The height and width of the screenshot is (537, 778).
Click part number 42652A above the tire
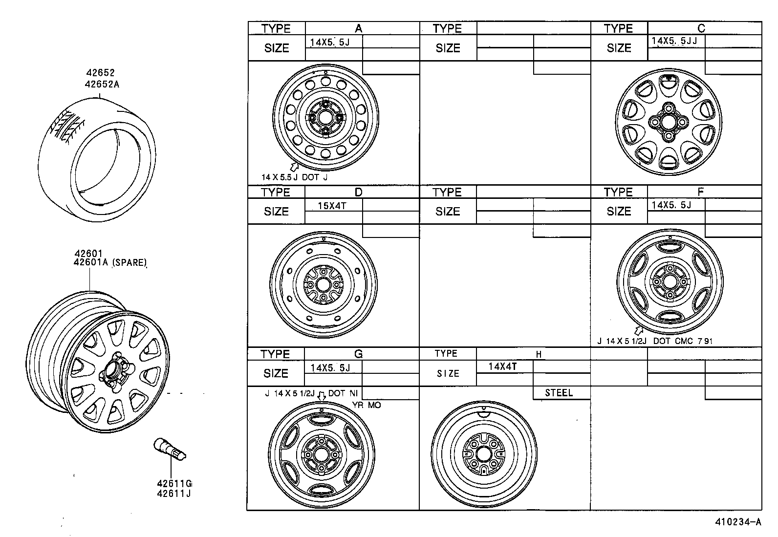pos(102,84)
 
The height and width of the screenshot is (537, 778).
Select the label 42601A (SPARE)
pos(110,262)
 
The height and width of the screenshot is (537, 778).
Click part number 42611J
pos(173,493)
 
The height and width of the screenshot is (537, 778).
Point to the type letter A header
pos(358,28)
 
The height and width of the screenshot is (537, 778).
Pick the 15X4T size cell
pos(332,206)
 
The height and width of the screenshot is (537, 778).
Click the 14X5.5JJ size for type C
pos(674,41)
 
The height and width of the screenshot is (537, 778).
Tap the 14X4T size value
pos(503,366)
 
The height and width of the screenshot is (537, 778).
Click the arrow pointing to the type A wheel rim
pos(295,167)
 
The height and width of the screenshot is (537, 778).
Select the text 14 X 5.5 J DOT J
pos(294,177)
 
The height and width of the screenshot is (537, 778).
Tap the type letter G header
pos(358,354)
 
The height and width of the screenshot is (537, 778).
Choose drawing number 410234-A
pos(738,521)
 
